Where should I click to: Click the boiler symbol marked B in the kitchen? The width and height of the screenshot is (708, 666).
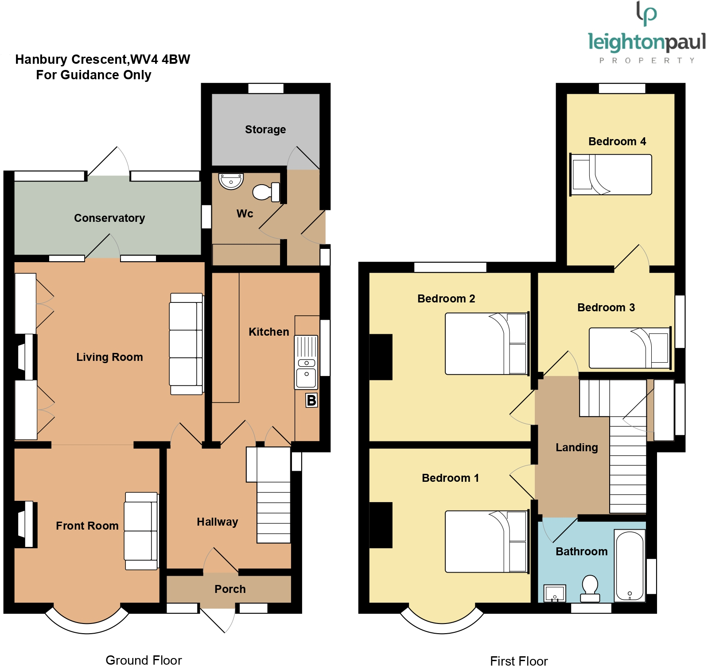tap(311, 400)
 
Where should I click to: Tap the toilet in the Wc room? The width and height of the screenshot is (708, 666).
tap(266, 192)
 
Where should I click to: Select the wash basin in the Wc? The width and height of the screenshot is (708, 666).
tap(231, 181)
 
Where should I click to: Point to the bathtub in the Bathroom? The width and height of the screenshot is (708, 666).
tap(630, 566)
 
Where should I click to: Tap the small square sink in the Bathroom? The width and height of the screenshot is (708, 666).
tap(555, 593)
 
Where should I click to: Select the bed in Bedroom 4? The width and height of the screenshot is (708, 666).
tap(611, 174)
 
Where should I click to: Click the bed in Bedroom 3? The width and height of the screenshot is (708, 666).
tap(630, 348)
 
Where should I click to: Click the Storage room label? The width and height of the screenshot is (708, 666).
tap(265, 129)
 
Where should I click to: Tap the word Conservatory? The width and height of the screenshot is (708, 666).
tap(109, 218)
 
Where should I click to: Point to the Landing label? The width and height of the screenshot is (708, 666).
tap(576, 447)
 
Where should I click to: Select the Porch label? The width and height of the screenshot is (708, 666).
tap(230, 589)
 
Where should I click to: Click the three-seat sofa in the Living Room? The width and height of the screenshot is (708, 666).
tap(186, 344)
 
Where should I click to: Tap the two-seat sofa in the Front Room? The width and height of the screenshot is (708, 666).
tap(141, 530)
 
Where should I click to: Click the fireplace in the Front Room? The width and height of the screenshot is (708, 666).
tap(26, 524)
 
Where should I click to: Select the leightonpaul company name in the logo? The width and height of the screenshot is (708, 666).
tap(646, 43)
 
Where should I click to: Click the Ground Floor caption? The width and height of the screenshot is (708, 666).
tap(144, 660)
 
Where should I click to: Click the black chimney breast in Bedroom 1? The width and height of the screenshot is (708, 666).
tap(381, 525)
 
